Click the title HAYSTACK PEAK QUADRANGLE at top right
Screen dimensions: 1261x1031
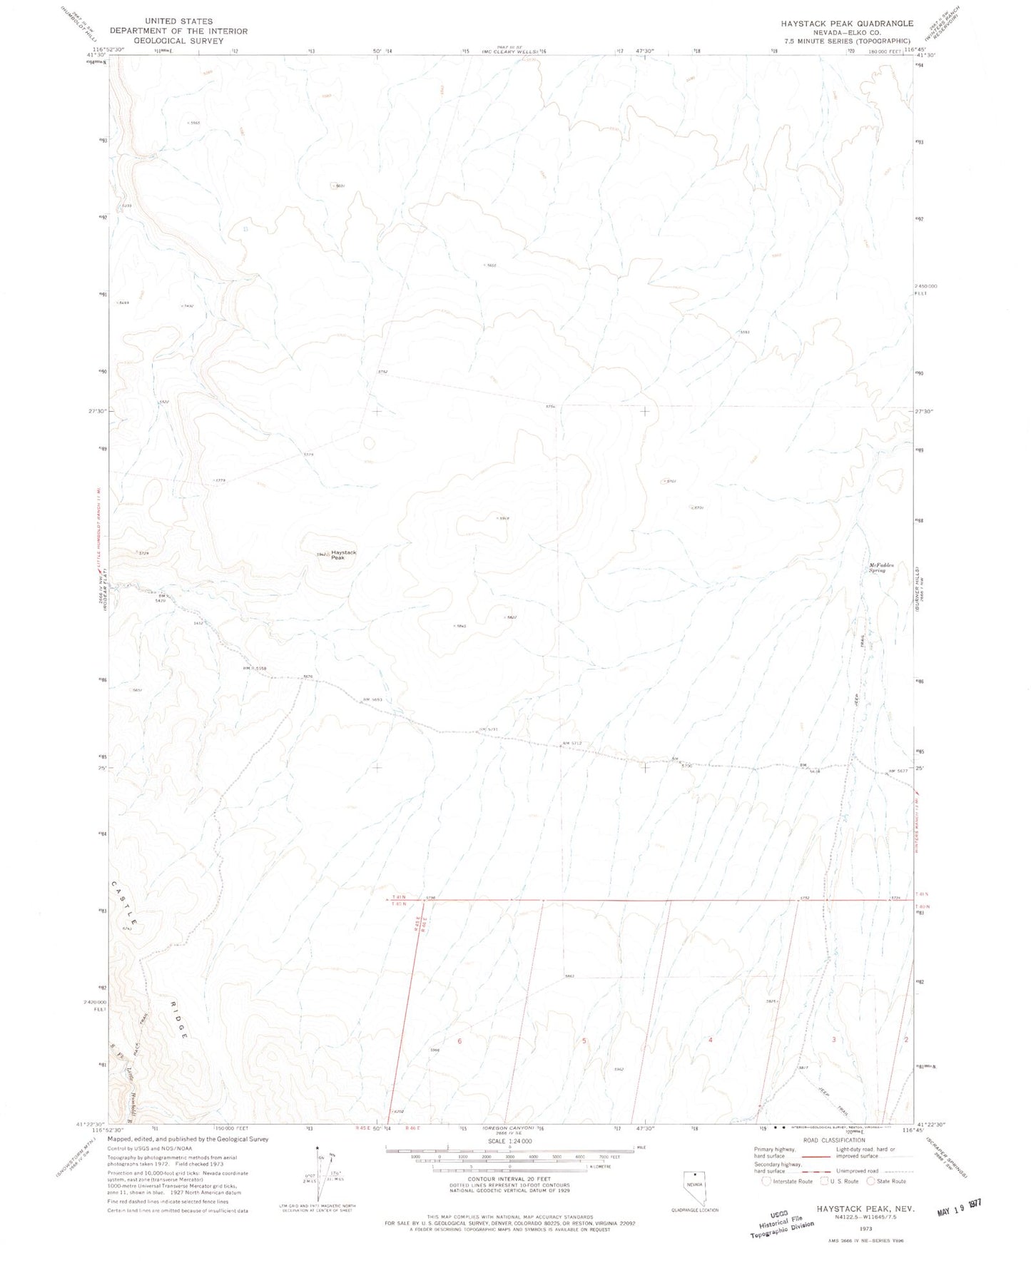click(x=846, y=24)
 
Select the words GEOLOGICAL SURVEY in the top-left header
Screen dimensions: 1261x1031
click(x=178, y=41)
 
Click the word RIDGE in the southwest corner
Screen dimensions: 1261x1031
click(x=179, y=1020)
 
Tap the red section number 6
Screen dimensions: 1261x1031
click(x=459, y=1041)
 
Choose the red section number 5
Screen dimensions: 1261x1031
click(x=584, y=1041)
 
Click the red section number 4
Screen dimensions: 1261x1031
click(x=710, y=1040)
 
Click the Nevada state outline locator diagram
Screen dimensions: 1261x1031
click(x=694, y=1187)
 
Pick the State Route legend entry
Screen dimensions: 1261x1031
click(x=887, y=1181)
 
